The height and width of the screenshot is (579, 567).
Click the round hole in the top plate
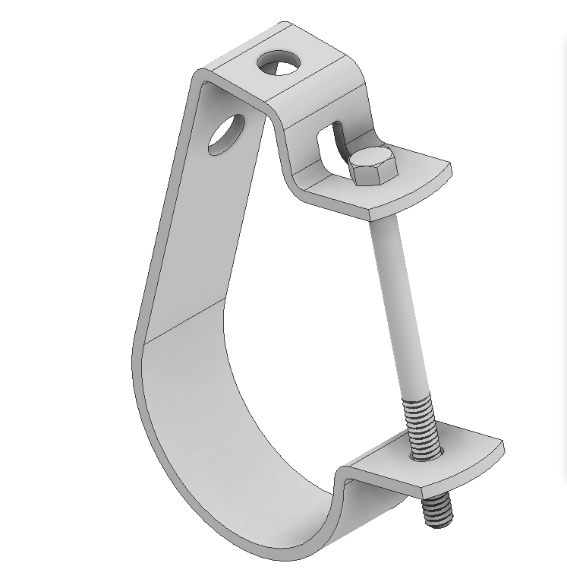278,64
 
